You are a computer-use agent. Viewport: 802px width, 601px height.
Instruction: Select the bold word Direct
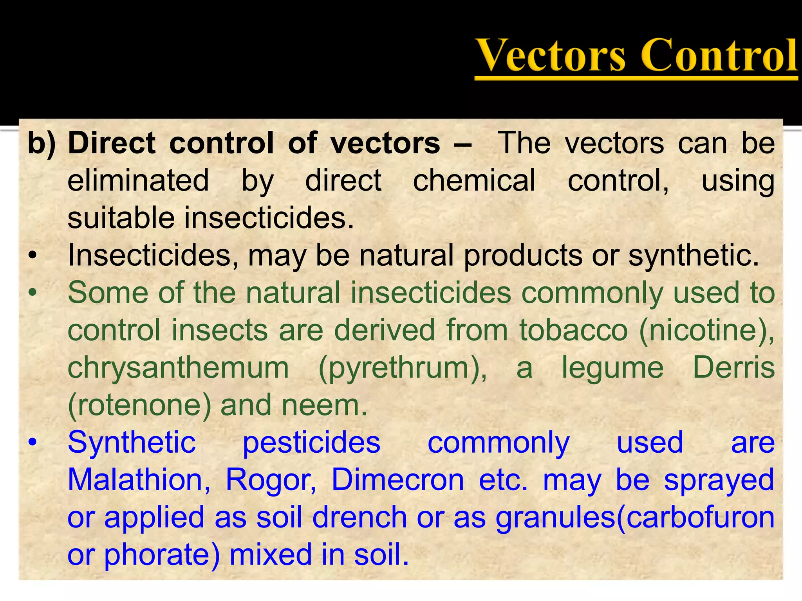tap(112, 143)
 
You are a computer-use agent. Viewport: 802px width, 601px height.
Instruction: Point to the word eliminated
tap(138, 181)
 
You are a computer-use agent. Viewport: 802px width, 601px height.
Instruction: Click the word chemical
tap(474, 181)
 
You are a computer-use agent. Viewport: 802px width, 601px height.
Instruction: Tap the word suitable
tap(121, 218)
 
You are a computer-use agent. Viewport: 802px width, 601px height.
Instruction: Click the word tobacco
tap(574, 330)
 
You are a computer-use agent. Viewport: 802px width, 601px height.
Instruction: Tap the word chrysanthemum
tap(178, 368)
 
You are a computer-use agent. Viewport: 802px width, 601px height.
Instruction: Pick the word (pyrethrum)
tap(403, 368)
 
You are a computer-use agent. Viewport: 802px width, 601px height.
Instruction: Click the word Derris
tap(733, 367)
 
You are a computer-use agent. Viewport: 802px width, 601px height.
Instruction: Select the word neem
tap(325, 406)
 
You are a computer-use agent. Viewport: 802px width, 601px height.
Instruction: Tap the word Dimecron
tap(397, 480)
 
